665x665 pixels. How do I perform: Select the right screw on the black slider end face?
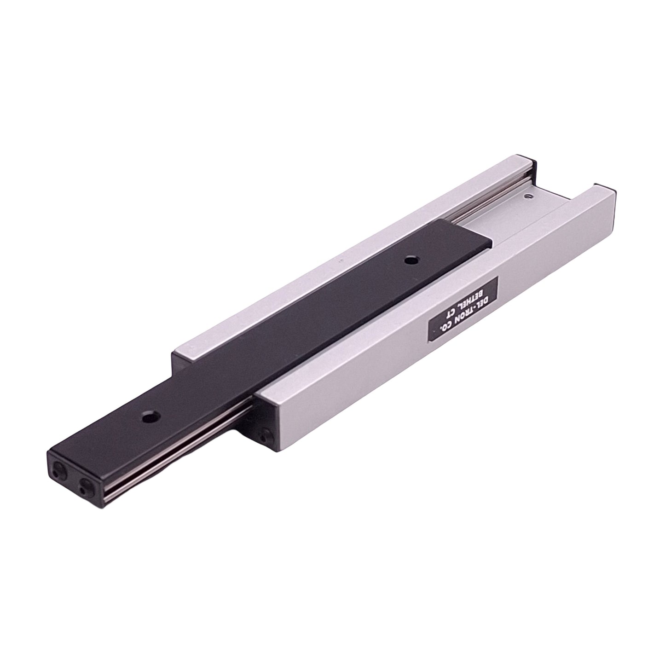click(x=85, y=484)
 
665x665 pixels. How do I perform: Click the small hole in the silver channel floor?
click(x=528, y=197)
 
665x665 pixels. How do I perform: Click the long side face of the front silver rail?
click(x=414, y=350)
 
